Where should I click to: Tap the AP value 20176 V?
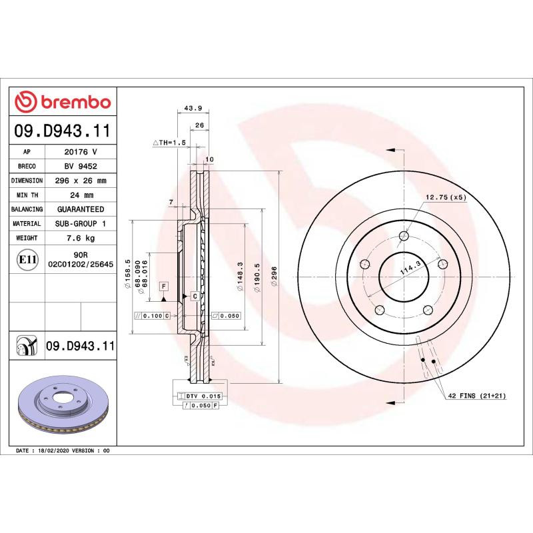[x=80, y=152]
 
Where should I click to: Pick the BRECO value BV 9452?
[x=80, y=167]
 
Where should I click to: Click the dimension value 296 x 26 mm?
[x=80, y=181]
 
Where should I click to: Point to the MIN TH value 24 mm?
[x=80, y=195]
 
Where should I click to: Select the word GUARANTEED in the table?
[x=80, y=209]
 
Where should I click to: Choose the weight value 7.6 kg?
[x=80, y=238]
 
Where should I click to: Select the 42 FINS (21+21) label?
[x=476, y=396]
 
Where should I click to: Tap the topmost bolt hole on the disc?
[x=404, y=235]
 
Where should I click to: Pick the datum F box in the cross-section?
[x=163, y=286]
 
